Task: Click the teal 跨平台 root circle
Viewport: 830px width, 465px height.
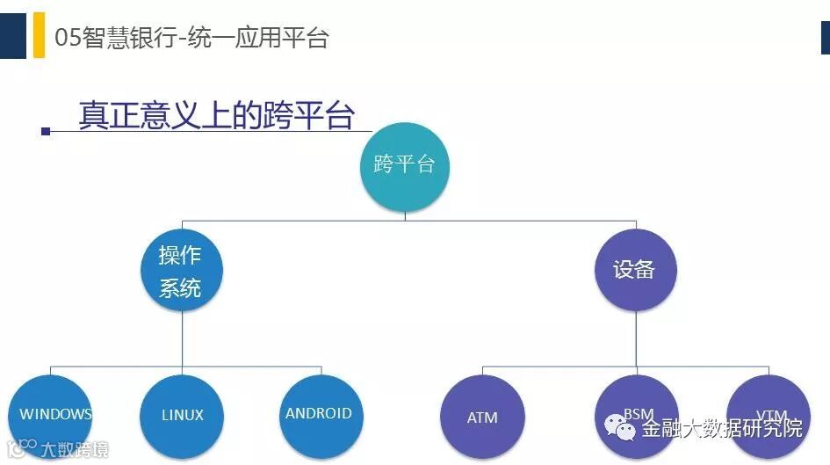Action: (405, 164)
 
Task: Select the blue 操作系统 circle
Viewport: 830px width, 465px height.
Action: (182, 271)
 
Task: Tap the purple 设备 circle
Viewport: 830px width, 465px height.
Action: (636, 269)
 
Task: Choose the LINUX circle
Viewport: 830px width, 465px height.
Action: (182, 416)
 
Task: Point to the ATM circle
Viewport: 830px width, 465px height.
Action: (482, 418)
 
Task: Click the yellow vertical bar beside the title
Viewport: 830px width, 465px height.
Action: (39, 36)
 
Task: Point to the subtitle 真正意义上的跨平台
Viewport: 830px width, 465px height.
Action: (216, 115)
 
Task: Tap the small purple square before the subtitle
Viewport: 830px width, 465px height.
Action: (46, 131)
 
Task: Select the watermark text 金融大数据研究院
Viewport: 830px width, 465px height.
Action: (721, 429)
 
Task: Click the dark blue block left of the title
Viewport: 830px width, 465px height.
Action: (12, 35)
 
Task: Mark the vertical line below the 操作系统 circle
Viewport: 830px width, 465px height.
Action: (182, 338)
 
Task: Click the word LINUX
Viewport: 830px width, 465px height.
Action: (183, 416)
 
